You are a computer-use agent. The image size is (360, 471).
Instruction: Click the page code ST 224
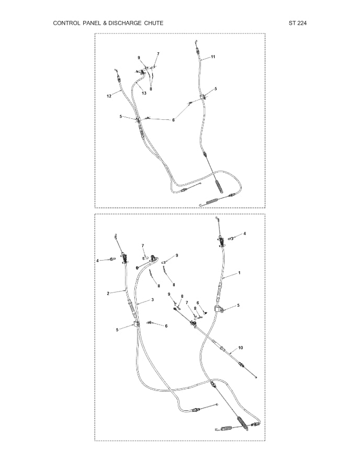[x=298, y=23]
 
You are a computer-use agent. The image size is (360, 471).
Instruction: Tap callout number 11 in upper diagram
[x=213, y=57]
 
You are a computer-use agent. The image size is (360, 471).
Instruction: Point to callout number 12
[x=109, y=96]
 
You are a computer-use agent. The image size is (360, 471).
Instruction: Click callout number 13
[x=144, y=93]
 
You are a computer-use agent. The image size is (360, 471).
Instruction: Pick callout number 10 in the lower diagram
[x=241, y=347]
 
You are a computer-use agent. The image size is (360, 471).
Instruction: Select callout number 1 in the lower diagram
[x=239, y=273]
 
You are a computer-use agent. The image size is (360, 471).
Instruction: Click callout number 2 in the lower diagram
[x=108, y=294]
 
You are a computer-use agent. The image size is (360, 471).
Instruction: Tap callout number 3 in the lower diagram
[x=152, y=299]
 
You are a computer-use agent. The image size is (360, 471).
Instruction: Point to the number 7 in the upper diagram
[x=158, y=54]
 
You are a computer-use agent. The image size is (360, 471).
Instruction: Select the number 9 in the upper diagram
[x=139, y=58]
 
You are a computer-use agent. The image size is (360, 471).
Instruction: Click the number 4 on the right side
[x=245, y=233]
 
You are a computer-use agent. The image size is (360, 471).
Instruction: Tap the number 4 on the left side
[x=97, y=261]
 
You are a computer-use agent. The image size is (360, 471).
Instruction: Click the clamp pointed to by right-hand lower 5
[x=219, y=309]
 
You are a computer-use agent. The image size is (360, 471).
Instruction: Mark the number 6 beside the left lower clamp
[x=166, y=326]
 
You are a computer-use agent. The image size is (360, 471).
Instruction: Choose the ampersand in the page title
[x=105, y=23]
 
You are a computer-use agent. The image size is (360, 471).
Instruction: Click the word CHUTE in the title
[x=153, y=23]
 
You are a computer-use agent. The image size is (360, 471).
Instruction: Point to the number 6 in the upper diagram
[x=173, y=120]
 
